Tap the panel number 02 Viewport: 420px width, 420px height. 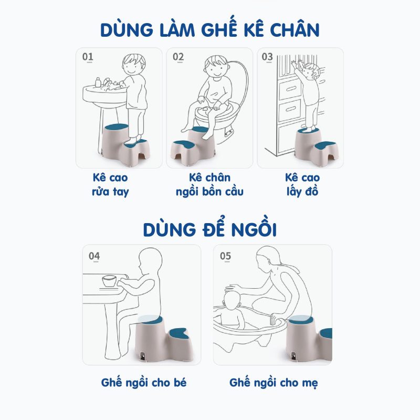[178, 57]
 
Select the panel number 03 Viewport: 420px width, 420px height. [267, 56]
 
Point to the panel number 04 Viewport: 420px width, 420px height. [94, 256]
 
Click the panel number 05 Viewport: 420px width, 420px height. [225, 256]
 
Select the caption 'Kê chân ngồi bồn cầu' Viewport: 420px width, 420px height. [209, 184]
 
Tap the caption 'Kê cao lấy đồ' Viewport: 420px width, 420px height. [302, 184]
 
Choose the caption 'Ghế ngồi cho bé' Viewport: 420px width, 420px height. [143, 382]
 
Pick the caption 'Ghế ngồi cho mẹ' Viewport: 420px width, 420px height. [274, 382]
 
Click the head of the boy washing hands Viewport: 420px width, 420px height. [133, 66]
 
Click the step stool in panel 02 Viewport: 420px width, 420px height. [193, 144]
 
